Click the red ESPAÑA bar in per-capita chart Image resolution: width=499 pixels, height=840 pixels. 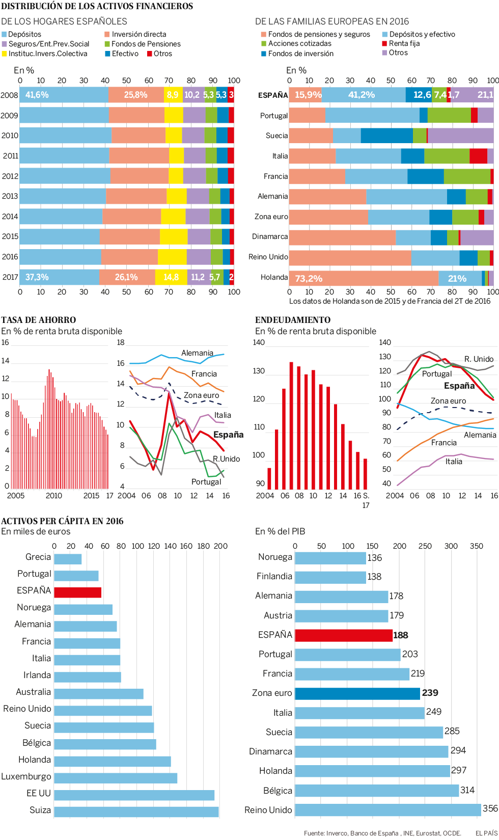(77, 592)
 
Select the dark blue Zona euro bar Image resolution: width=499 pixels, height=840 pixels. (357, 693)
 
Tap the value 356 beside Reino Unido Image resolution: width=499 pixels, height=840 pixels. (490, 808)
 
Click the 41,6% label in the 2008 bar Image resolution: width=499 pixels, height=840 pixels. (37, 95)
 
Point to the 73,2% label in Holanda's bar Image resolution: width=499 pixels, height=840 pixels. (309, 279)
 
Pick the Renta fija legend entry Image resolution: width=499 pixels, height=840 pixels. (404, 43)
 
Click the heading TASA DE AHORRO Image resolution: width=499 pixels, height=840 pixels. (39, 320)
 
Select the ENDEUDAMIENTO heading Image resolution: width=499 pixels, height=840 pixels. (293, 320)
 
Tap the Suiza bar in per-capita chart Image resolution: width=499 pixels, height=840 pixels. (136, 811)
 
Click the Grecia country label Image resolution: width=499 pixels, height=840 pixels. (38, 557)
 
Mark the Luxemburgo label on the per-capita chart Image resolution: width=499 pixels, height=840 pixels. (26, 776)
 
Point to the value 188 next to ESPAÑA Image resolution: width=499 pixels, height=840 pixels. (401, 635)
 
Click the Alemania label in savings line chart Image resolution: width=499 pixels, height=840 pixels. (197, 353)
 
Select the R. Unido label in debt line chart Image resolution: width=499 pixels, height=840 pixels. (479, 359)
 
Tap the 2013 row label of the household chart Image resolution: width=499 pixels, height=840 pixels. (10, 196)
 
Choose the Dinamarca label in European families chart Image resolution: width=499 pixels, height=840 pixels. (270, 236)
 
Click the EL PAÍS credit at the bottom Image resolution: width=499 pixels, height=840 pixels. (486, 833)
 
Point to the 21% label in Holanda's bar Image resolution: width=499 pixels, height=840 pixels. (457, 279)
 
